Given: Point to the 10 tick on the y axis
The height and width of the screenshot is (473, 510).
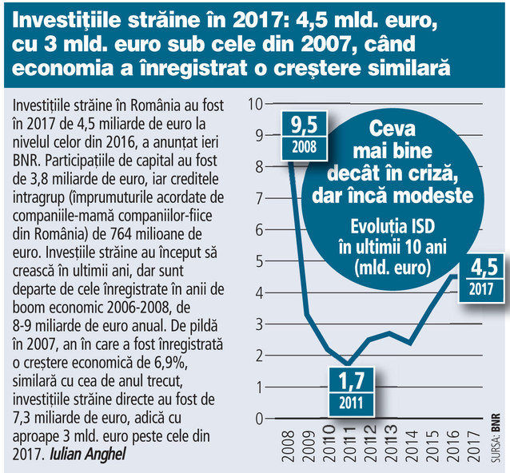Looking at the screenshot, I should (256, 103).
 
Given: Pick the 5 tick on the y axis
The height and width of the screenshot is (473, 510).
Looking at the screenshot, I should (257, 260).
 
